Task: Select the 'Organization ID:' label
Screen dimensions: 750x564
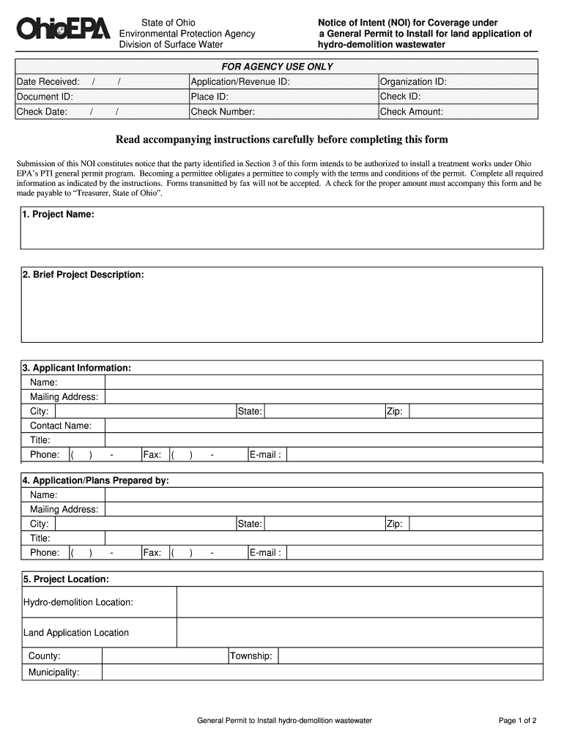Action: point(413,82)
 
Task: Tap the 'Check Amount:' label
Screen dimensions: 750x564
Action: point(412,112)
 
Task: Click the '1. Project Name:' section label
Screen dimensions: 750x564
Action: point(58,215)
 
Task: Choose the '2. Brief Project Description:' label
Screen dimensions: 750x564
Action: point(83,275)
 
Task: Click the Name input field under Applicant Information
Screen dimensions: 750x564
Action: point(322,382)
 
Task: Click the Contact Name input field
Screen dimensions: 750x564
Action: point(322,426)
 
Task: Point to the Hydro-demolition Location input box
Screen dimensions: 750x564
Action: point(359,602)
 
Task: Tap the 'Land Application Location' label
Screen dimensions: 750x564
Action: point(76,633)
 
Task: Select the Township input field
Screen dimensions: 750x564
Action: point(410,656)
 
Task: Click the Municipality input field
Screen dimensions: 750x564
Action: point(322,672)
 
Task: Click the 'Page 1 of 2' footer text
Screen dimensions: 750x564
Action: point(518,721)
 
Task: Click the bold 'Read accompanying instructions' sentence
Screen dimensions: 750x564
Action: point(282,139)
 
